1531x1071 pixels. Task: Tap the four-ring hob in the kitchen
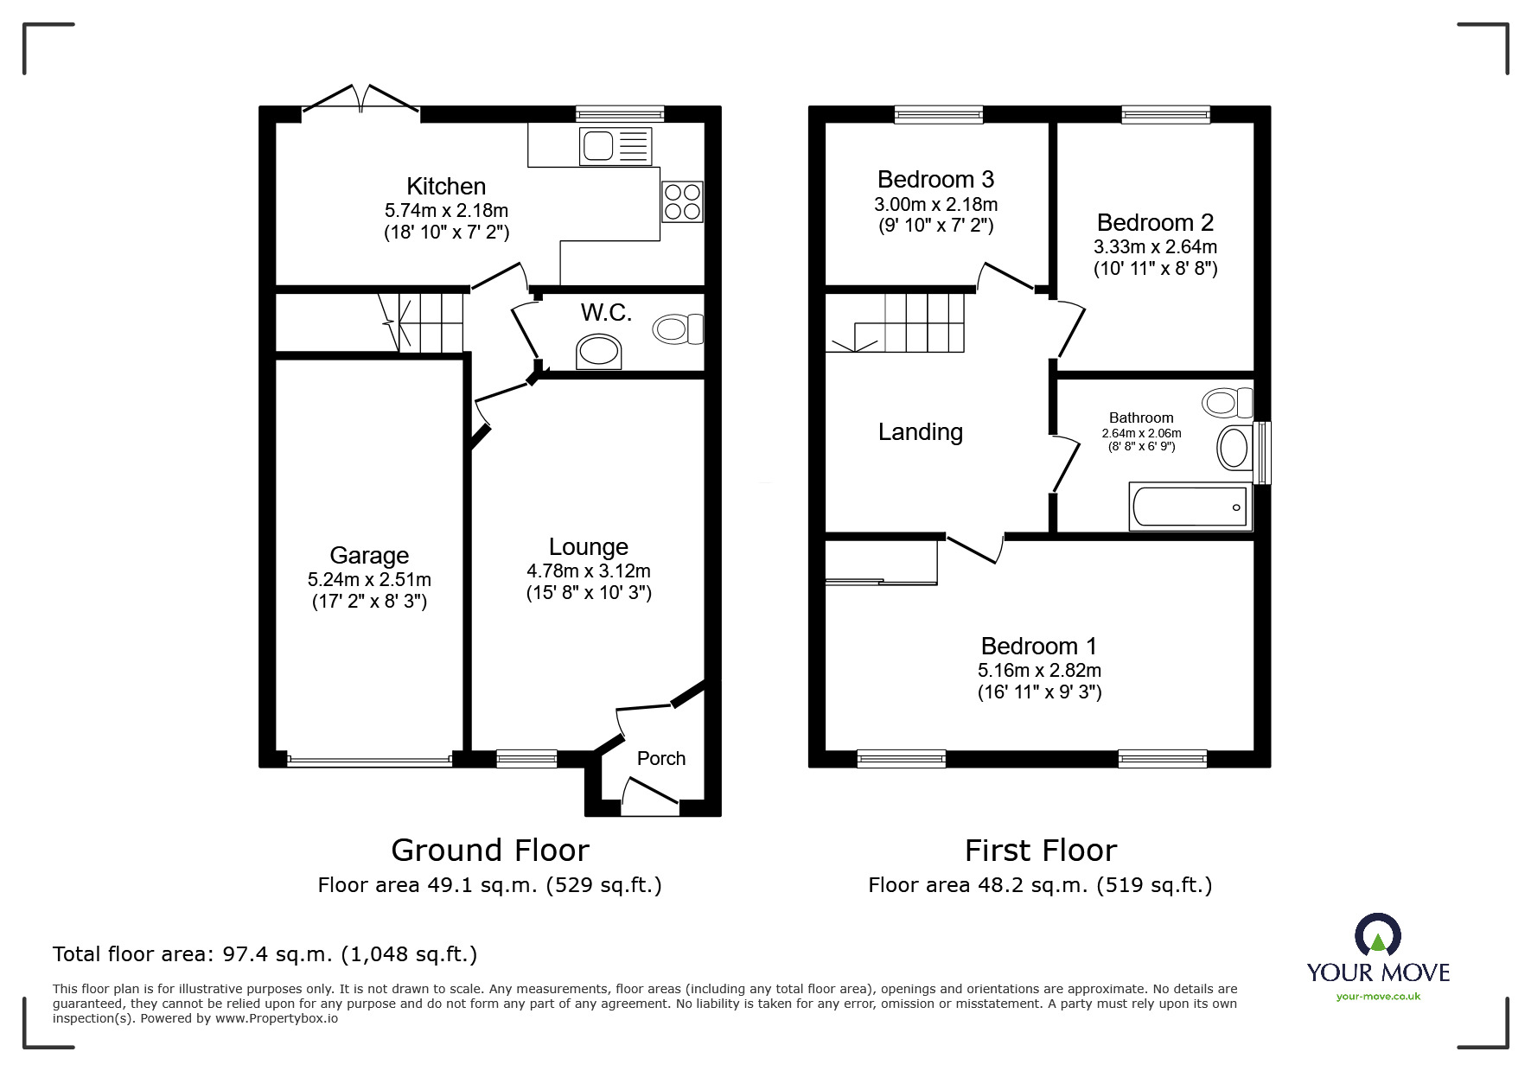[x=682, y=201]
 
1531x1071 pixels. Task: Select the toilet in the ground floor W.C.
[x=679, y=328]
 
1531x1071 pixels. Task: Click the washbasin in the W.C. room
[x=598, y=352]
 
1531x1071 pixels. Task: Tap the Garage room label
[x=369, y=556]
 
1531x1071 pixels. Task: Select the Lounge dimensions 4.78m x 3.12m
[x=588, y=571]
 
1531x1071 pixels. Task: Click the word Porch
[x=660, y=758]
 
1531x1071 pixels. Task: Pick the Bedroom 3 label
[x=935, y=180]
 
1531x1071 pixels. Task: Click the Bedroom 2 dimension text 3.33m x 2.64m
[x=1155, y=246]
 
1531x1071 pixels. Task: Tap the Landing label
[x=920, y=432]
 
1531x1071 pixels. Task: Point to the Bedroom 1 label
[x=1038, y=647]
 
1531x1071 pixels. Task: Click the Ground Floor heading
[x=489, y=851]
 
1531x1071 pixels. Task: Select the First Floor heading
[x=1040, y=851]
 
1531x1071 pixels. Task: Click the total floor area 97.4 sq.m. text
[x=265, y=954]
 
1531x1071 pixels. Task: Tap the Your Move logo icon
[x=1377, y=935]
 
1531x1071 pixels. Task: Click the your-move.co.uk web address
[x=1378, y=997]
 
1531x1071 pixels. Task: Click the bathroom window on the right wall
[x=1263, y=453]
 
